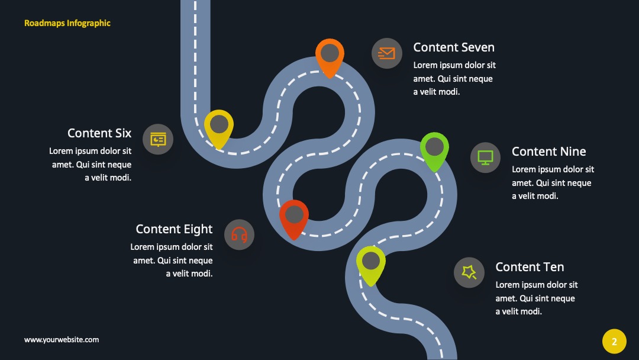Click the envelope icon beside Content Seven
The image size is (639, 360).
(387, 53)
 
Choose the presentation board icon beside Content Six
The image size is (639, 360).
(158, 139)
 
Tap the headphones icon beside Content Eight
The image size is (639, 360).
(239, 235)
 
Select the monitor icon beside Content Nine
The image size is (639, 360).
(485, 157)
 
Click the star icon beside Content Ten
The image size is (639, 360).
(469, 272)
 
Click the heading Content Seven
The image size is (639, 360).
(454, 47)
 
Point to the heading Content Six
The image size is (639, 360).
(99, 133)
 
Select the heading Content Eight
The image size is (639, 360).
(174, 229)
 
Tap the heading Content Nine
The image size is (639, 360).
(548, 152)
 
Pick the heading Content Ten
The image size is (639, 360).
(530, 267)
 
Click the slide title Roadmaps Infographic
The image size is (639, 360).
(67, 23)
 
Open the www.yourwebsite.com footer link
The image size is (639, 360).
(62, 340)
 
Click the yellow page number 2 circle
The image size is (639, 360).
(614, 341)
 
